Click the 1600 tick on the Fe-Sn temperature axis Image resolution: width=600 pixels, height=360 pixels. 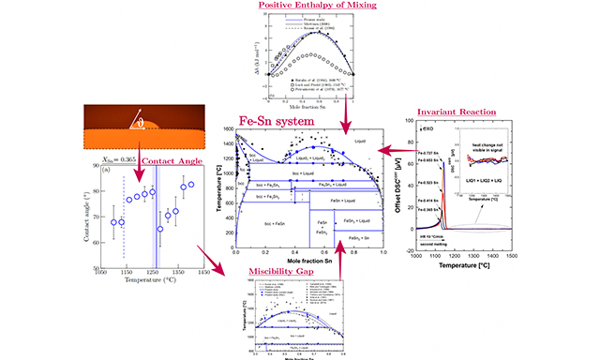point(225,133)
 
